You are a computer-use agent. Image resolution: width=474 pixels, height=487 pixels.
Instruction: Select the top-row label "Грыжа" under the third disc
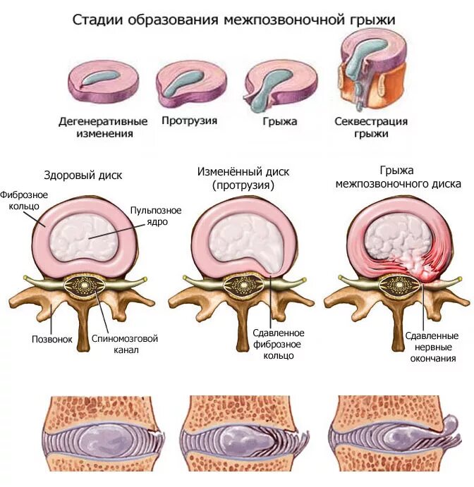[x=279, y=121]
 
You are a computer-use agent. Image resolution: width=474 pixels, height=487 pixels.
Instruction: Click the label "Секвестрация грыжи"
[x=370, y=127]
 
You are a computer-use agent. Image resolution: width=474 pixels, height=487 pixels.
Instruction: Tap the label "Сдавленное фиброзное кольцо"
[x=278, y=344]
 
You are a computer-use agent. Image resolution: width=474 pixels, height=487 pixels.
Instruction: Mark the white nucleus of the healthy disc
[x=87, y=237]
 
